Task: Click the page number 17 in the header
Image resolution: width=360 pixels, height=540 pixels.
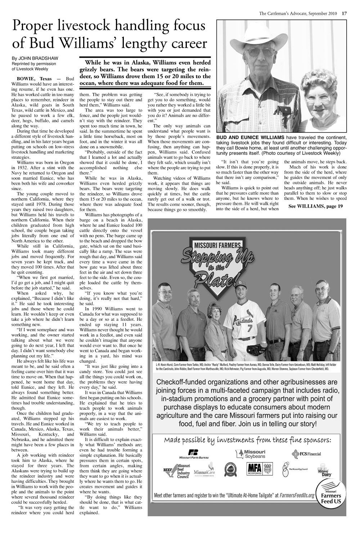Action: coord(344,14)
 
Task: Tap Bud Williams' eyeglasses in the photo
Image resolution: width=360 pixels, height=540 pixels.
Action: coord(266,51)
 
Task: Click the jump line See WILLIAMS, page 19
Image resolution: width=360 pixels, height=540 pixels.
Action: coord(315,206)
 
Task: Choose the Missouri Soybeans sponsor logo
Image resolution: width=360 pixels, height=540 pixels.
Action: coord(251,454)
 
